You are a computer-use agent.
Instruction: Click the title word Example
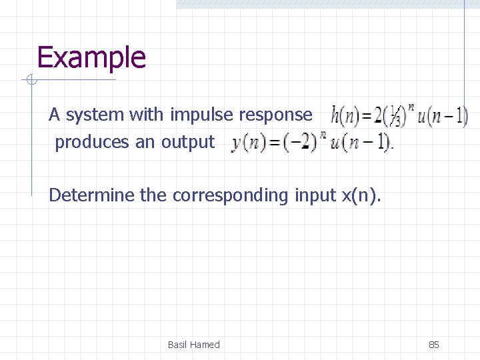point(91,57)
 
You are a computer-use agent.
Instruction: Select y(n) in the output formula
point(246,143)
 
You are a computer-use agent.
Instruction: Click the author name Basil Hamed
point(193,345)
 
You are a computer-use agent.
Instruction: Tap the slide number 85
point(433,345)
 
